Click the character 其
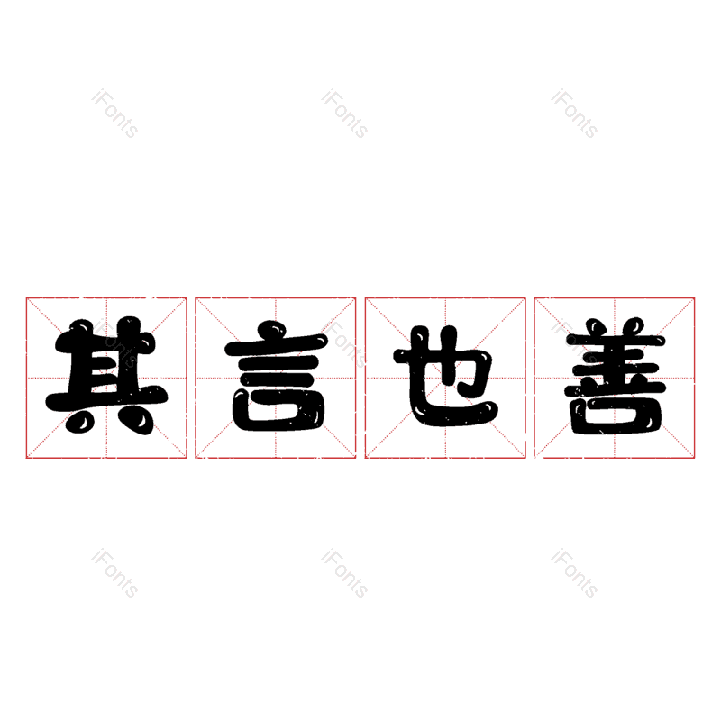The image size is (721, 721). click(x=106, y=376)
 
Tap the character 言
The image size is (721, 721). click(x=276, y=376)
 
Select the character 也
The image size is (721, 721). click(x=446, y=376)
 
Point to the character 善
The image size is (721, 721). click(x=616, y=376)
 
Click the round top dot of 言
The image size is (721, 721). click(x=272, y=331)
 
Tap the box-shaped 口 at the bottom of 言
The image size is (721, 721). click(x=279, y=411)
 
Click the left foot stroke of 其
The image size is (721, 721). click(x=79, y=421)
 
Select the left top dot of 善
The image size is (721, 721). click(x=598, y=327)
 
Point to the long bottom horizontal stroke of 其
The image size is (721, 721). click(x=106, y=398)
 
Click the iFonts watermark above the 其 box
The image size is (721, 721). click(x=114, y=114)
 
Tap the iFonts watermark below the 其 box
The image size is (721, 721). click(x=114, y=573)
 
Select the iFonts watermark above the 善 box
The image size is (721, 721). click(x=574, y=114)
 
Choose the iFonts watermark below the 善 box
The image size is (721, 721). click(x=574, y=573)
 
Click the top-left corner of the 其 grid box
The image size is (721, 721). click(x=27, y=298)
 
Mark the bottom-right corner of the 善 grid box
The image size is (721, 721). click(x=694, y=458)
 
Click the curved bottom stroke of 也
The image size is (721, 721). click(x=453, y=412)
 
